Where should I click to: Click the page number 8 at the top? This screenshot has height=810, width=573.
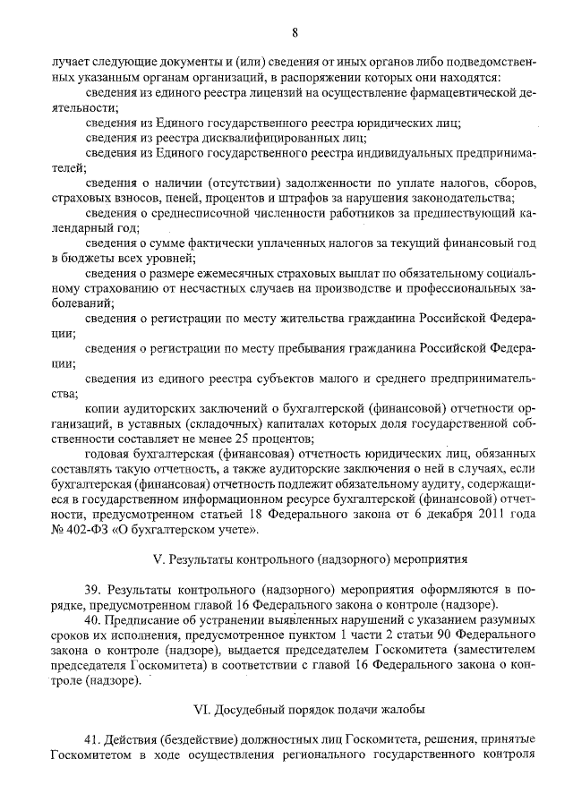[x=293, y=33]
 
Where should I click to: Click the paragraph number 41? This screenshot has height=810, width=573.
[x=91, y=741]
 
